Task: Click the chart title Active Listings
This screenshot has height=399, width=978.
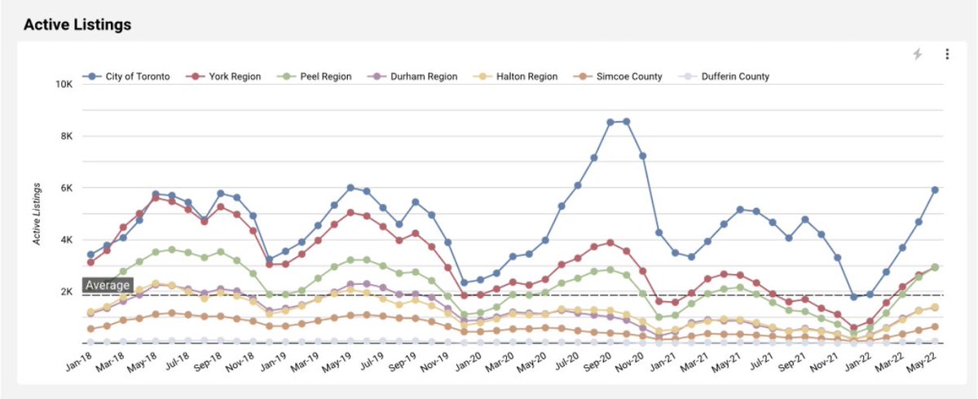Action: [77, 24]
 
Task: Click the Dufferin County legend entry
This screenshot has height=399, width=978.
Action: [723, 77]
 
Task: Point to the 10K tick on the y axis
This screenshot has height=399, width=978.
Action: [65, 85]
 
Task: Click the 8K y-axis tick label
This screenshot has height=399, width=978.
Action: [68, 136]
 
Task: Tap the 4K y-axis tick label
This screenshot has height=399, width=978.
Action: [68, 240]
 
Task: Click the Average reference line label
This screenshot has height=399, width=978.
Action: [107, 286]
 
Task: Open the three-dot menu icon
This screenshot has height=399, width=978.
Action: [947, 54]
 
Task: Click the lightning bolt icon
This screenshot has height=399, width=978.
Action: [918, 54]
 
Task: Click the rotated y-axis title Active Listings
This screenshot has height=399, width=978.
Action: [37, 214]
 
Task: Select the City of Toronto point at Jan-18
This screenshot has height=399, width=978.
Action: [90, 255]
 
